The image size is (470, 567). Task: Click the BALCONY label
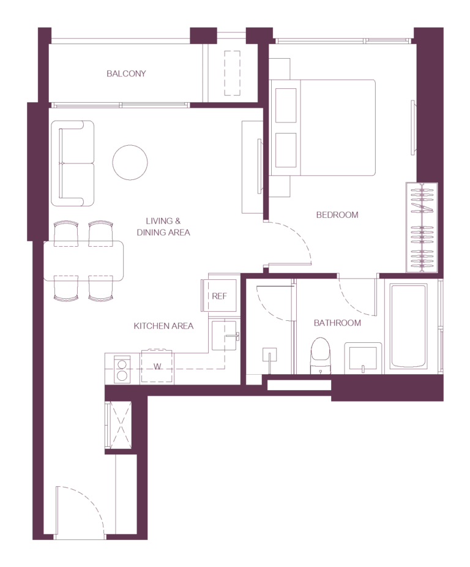126,73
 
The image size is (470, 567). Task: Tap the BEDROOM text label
337,215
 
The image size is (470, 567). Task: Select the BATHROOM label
337,323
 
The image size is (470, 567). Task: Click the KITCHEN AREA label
163,326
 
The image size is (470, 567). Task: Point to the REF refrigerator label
220,296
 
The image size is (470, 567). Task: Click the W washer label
157,367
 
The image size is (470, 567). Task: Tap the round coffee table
130,162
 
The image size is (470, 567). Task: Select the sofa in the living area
73,163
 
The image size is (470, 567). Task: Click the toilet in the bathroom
320,356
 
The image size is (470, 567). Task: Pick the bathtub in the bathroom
408,326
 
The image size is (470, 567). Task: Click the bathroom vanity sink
363,358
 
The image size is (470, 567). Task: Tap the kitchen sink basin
224,335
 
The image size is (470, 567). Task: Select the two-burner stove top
122,369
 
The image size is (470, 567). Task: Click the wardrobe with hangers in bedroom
422,227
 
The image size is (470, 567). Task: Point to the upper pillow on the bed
286,105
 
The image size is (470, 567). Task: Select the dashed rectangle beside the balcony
232,73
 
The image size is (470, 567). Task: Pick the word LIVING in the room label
159,221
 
